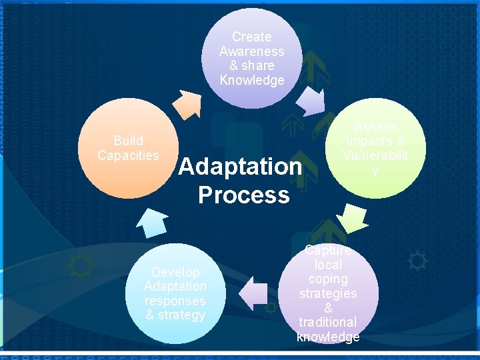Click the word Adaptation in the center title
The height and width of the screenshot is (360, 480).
(240, 166)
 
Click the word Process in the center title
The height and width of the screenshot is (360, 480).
(244, 195)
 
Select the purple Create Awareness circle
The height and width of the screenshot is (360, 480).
(252, 59)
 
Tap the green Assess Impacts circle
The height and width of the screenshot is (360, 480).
(375, 148)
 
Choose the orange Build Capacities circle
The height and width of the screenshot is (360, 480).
(128, 148)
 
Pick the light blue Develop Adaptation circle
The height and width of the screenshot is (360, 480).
(175, 293)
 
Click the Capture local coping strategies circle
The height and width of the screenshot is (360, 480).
(328, 293)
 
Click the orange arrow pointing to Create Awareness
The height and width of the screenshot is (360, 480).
(186, 103)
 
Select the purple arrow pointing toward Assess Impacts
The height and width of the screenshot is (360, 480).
(310, 102)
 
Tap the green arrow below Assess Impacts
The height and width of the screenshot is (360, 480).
(351, 217)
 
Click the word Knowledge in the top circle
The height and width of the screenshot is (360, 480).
(252, 81)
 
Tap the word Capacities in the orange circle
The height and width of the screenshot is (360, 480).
(128, 155)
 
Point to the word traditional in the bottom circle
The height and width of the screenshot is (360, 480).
(328, 323)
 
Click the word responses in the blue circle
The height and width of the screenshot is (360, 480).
(175, 301)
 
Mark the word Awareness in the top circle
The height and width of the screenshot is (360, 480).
(252, 51)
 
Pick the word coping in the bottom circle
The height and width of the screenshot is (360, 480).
(328, 279)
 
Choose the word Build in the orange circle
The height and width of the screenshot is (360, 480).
(128, 141)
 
